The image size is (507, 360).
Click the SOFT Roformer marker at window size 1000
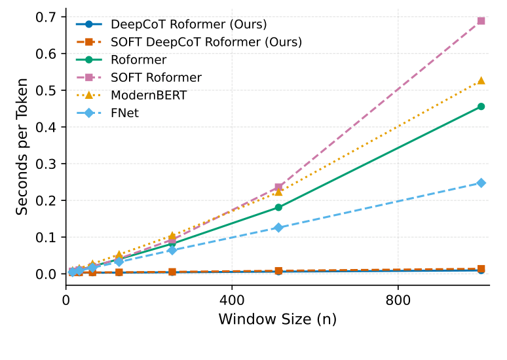pyautogui.click(x=481, y=21)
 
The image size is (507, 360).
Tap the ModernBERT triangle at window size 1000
pyautogui.click(x=481, y=81)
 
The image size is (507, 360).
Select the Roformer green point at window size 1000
pyautogui.click(x=481, y=106)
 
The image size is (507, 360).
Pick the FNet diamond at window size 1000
pyautogui.click(x=481, y=183)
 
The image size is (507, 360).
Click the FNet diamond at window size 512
pyautogui.click(x=278, y=227)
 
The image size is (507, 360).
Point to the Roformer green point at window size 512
pyautogui.click(x=278, y=207)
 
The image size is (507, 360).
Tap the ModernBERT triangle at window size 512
pyautogui.click(x=278, y=191)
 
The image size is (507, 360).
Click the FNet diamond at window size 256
pyautogui.click(x=172, y=250)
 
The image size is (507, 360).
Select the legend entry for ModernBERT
pyautogui.click(x=149, y=95)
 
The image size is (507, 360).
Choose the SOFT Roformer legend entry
pyautogui.click(x=156, y=77)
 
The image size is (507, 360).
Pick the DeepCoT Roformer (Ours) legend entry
pyautogui.click(x=189, y=25)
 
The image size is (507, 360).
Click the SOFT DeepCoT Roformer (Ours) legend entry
pyautogui.click(x=206, y=43)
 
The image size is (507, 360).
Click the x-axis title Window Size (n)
pyautogui.click(x=277, y=320)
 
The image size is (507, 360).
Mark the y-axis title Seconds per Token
pyautogui.click(x=23, y=147)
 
